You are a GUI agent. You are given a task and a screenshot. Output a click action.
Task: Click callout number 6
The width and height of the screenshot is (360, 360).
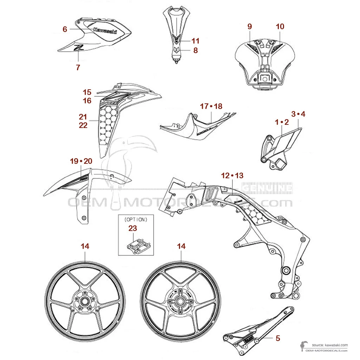pyautogui.click(x=65, y=30)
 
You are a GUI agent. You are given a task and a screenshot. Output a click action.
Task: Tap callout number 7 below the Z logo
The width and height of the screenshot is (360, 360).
pyautogui.click(x=78, y=67)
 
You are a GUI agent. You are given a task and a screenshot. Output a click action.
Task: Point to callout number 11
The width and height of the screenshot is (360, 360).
pyautogui.click(x=195, y=41)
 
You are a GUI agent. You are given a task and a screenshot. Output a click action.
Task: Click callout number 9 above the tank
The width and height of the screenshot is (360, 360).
pyautogui.click(x=250, y=26)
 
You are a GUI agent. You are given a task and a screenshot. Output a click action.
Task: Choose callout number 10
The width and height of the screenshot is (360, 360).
pyautogui.click(x=280, y=26)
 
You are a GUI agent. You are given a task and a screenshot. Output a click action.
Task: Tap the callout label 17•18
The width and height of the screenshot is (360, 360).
pyautogui.click(x=211, y=106)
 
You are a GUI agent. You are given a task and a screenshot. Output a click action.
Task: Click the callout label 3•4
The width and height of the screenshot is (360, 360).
pyautogui.click(x=298, y=114)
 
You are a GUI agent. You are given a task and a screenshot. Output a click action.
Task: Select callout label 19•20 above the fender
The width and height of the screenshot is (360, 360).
pyautogui.click(x=81, y=161)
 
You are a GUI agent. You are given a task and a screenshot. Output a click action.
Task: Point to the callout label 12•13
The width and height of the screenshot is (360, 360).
pyautogui.click(x=232, y=175)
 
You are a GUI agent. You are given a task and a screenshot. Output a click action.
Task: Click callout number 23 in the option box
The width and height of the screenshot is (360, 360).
pyautogui.click(x=133, y=228)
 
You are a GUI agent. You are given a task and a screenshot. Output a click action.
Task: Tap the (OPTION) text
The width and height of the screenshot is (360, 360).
pyautogui.click(x=136, y=220)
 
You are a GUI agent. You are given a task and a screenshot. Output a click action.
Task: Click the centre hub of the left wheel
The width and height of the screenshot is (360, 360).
pyautogui.click(x=85, y=301)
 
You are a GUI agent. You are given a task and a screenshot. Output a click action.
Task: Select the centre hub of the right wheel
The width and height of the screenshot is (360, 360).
pyautogui.click(x=180, y=301)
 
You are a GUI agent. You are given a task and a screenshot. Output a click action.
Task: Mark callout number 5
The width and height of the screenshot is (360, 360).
pyautogui.click(x=278, y=338)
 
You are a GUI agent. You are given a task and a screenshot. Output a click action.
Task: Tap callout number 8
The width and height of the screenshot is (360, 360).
pyautogui.click(x=195, y=50)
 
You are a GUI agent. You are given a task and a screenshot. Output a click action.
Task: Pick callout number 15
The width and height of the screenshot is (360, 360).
pyautogui.click(x=87, y=92)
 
